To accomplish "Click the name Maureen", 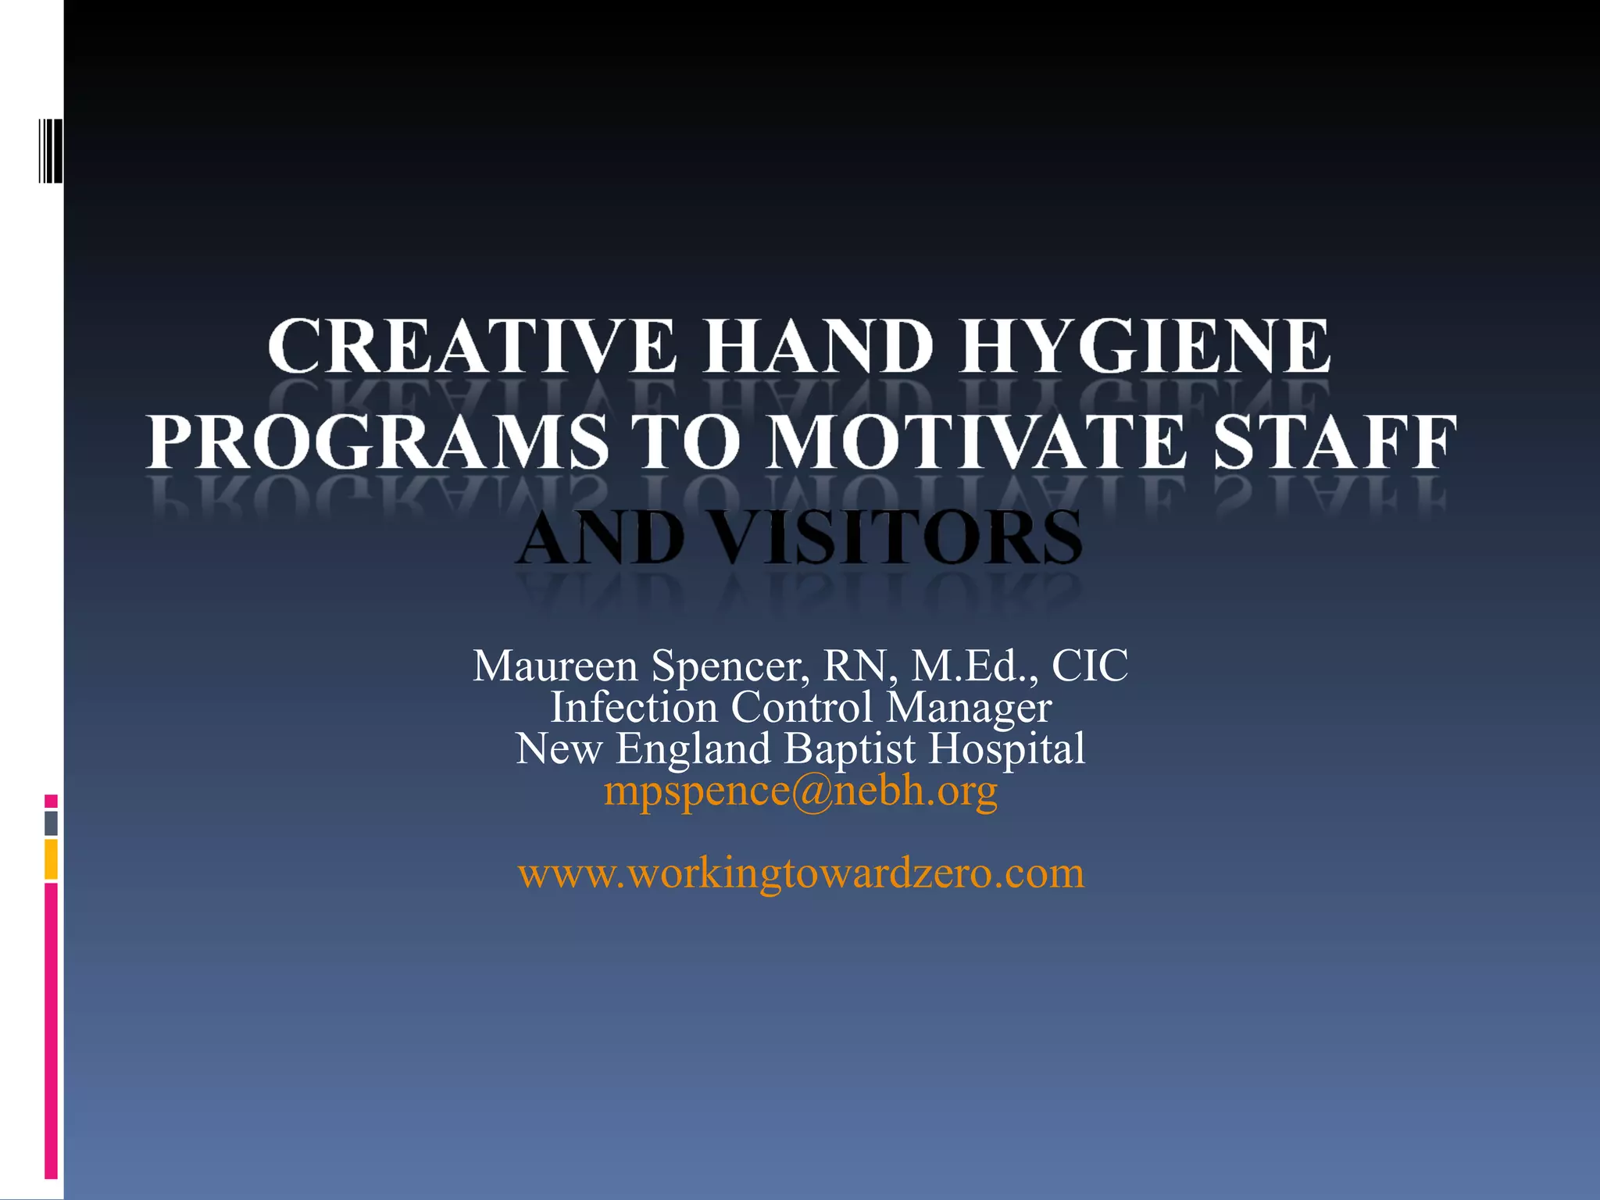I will [555, 666].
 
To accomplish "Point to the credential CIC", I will [1090, 666].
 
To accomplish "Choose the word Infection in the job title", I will [634, 708].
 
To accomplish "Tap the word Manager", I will [969, 708].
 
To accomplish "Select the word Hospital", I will [1007, 748].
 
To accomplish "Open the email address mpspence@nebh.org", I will [801, 791].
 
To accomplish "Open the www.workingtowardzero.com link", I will [801, 873].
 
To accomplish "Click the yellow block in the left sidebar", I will [51, 859].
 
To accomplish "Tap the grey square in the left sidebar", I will [51, 823].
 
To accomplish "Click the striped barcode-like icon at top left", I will [51, 149].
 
